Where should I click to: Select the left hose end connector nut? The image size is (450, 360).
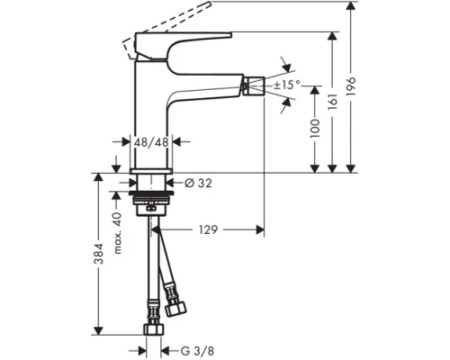point(151,330)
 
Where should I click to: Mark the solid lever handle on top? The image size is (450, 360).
point(180,40)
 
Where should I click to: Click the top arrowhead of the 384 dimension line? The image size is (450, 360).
point(97,176)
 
